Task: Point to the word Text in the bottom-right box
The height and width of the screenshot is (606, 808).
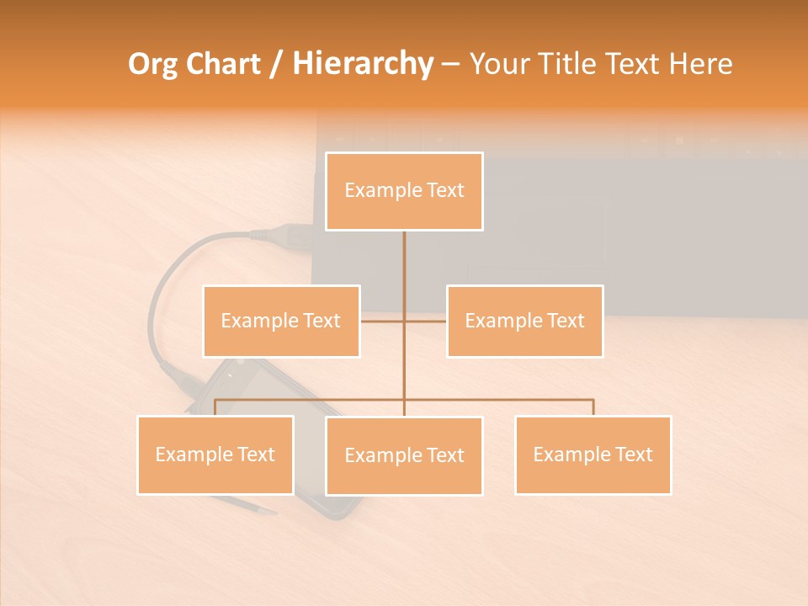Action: click(632, 454)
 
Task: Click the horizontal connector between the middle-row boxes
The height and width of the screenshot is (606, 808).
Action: click(425, 321)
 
